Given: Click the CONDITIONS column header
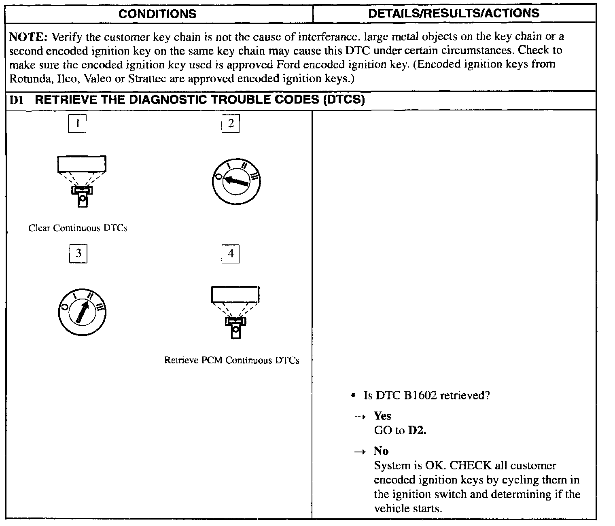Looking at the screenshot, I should click(157, 14).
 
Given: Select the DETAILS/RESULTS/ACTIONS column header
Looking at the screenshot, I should click(454, 13).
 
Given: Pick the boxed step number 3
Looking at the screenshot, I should click(78, 254).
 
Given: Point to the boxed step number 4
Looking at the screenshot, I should click(231, 254).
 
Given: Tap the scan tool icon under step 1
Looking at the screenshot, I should click(82, 180).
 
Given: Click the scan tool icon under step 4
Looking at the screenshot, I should click(235, 312).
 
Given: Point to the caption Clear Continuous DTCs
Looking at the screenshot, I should click(78, 228).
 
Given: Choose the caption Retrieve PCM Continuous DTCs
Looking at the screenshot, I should click(231, 361).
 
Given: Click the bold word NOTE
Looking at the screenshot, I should click(28, 37).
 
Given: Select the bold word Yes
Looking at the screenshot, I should click(382, 416).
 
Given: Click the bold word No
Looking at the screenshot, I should click(381, 451).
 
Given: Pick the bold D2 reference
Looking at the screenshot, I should click(417, 431).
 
